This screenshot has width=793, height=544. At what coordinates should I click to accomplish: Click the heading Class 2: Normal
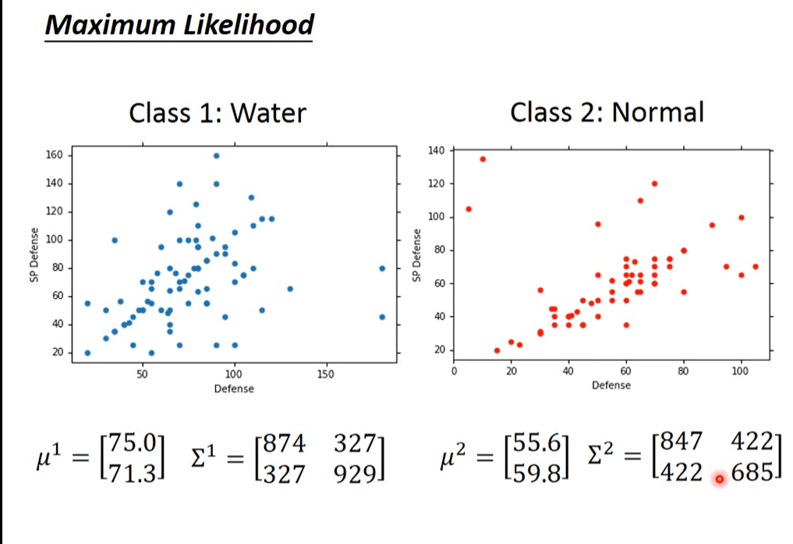tap(607, 112)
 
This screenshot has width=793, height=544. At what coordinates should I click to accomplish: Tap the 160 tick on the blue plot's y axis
tap(55, 155)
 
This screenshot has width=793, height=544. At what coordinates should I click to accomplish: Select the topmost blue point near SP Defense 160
tap(216, 155)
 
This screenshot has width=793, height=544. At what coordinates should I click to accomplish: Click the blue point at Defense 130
tap(290, 289)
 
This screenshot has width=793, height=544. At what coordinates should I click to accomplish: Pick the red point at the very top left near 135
tap(483, 158)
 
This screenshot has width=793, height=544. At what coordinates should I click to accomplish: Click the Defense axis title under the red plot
tap(611, 385)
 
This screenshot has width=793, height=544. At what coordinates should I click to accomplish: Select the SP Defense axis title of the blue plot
tap(34, 255)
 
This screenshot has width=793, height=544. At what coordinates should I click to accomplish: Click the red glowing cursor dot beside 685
tap(719, 478)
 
